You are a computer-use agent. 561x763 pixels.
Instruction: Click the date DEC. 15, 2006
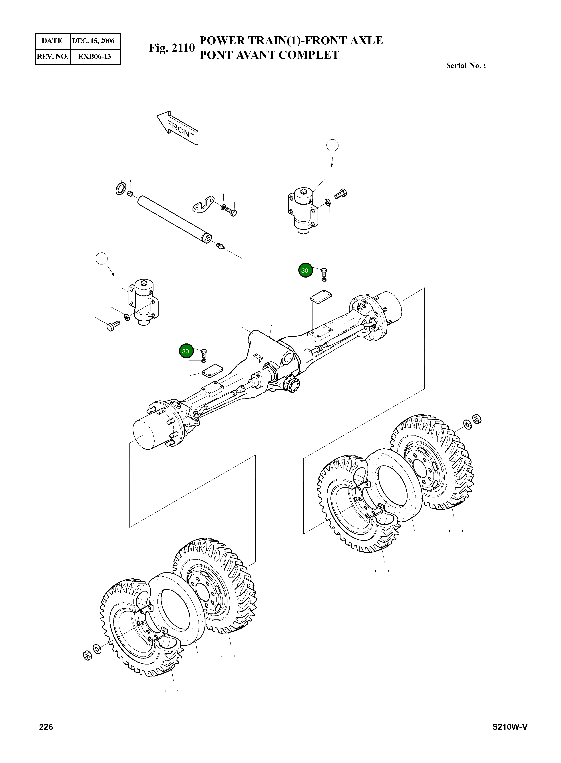[93, 41]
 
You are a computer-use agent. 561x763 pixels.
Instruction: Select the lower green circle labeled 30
[185, 351]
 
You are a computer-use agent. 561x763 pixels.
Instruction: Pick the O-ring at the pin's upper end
[121, 188]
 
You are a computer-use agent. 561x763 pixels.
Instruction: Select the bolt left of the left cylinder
[113, 326]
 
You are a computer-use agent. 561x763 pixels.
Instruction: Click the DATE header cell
[52, 41]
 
